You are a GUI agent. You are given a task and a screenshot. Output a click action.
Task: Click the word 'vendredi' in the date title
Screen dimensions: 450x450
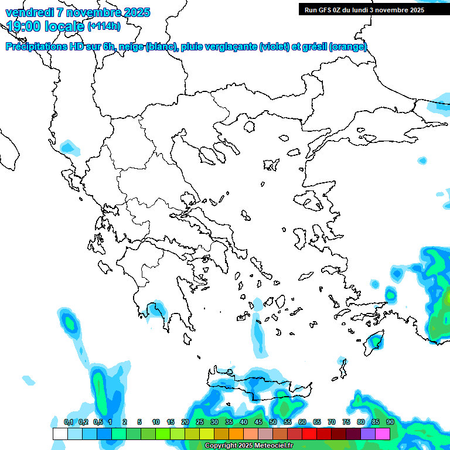click(x=27, y=12)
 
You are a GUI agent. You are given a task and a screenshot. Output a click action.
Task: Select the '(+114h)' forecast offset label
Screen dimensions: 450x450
click(x=104, y=26)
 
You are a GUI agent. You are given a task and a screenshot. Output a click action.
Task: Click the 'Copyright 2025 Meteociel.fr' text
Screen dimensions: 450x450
click(x=248, y=446)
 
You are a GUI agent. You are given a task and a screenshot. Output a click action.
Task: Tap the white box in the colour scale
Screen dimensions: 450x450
click(x=60, y=434)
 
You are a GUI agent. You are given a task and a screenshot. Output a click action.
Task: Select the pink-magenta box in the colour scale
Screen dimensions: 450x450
click(x=383, y=434)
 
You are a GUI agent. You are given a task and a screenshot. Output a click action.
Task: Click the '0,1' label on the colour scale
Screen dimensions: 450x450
click(x=68, y=422)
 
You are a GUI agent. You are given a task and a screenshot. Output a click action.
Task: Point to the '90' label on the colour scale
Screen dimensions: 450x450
click(x=390, y=422)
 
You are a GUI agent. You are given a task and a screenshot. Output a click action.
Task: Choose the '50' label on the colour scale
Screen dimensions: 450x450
click(x=273, y=422)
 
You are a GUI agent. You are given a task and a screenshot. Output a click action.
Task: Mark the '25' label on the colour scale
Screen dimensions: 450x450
click(x=200, y=422)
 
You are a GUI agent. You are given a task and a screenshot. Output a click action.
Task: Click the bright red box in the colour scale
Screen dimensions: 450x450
click(x=309, y=434)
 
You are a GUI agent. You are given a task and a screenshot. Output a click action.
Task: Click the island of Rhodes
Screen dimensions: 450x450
click(x=376, y=340)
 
